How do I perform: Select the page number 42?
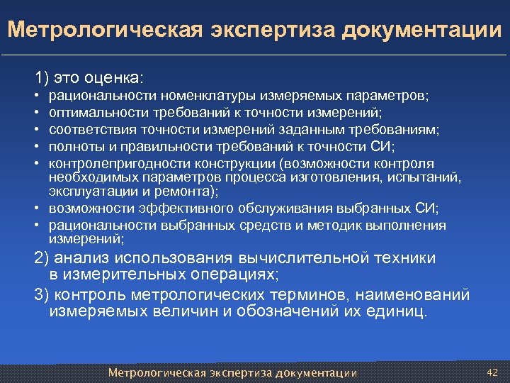coord(493,372)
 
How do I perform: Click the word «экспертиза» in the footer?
coord(241,373)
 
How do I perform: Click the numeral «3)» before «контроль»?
coord(42,294)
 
